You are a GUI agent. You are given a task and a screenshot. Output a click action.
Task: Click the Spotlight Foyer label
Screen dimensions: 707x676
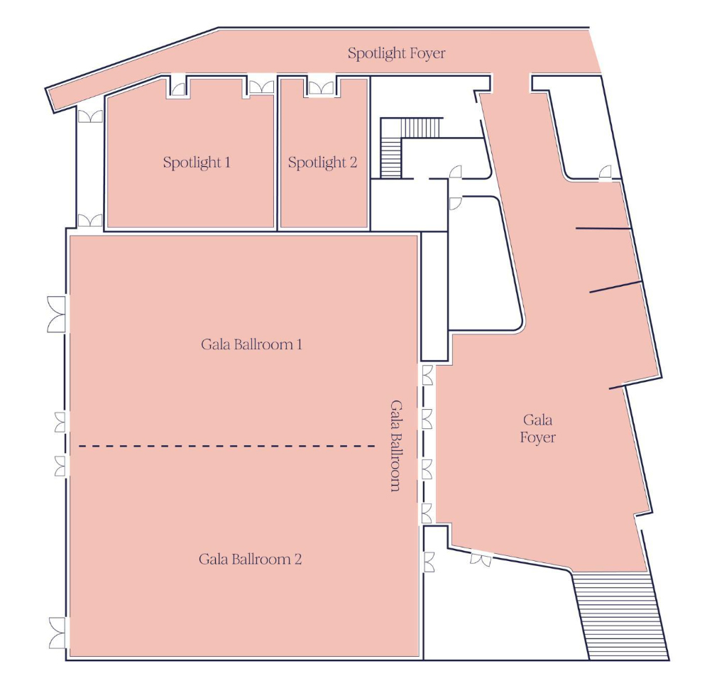click(396, 53)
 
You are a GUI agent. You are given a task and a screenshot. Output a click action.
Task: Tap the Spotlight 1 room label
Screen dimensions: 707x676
click(197, 163)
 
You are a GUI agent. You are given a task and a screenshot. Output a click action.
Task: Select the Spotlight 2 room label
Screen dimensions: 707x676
click(322, 163)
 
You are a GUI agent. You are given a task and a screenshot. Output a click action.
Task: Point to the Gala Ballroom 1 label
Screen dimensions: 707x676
click(251, 344)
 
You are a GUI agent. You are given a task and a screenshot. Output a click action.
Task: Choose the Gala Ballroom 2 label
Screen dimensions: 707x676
click(251, 560)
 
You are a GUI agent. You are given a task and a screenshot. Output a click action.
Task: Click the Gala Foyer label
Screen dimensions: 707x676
click(537, 428)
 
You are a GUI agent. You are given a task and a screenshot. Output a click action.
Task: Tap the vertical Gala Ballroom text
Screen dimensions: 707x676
click(395, 445)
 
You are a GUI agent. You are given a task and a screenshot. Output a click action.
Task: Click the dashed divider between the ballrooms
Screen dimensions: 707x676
click(226, 446)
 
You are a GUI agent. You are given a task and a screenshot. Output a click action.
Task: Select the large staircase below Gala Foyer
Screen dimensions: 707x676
click(620, 615)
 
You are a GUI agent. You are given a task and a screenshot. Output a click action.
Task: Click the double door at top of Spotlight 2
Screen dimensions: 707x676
click(322, 87)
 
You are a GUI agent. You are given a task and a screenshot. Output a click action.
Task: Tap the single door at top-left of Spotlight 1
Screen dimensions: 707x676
click(178, 88)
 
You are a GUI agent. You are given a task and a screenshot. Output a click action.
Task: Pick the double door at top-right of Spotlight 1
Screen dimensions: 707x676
click(261, 87)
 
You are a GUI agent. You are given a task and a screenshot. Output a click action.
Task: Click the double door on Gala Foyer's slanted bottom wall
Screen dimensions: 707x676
click(481, 560)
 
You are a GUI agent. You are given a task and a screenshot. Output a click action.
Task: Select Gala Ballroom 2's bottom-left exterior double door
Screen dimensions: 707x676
click(57, 633)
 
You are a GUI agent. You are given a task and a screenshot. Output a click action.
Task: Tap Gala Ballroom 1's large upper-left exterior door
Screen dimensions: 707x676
click(56, 315)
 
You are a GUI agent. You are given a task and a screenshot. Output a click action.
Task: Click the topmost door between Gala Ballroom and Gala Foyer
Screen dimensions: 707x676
click(427, 375)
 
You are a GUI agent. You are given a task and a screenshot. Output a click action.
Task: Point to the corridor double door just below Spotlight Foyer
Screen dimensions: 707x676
click(90, 116)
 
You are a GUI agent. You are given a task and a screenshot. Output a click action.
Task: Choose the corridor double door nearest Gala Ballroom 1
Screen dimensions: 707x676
click(90, 221)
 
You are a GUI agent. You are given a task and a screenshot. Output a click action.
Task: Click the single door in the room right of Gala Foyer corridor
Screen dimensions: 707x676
click(605, 173)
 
